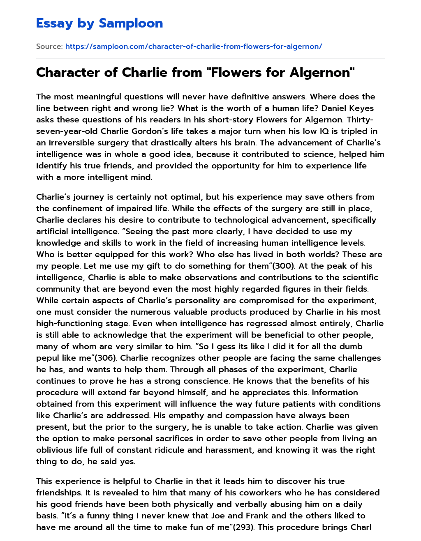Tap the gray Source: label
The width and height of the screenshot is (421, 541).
click(x=49, y=46)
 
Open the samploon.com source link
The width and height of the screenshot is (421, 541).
click(x=193, y=46)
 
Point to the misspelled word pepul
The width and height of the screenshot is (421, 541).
click(x=48, y=358)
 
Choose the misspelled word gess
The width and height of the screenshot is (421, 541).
click(x=225, y=347)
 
